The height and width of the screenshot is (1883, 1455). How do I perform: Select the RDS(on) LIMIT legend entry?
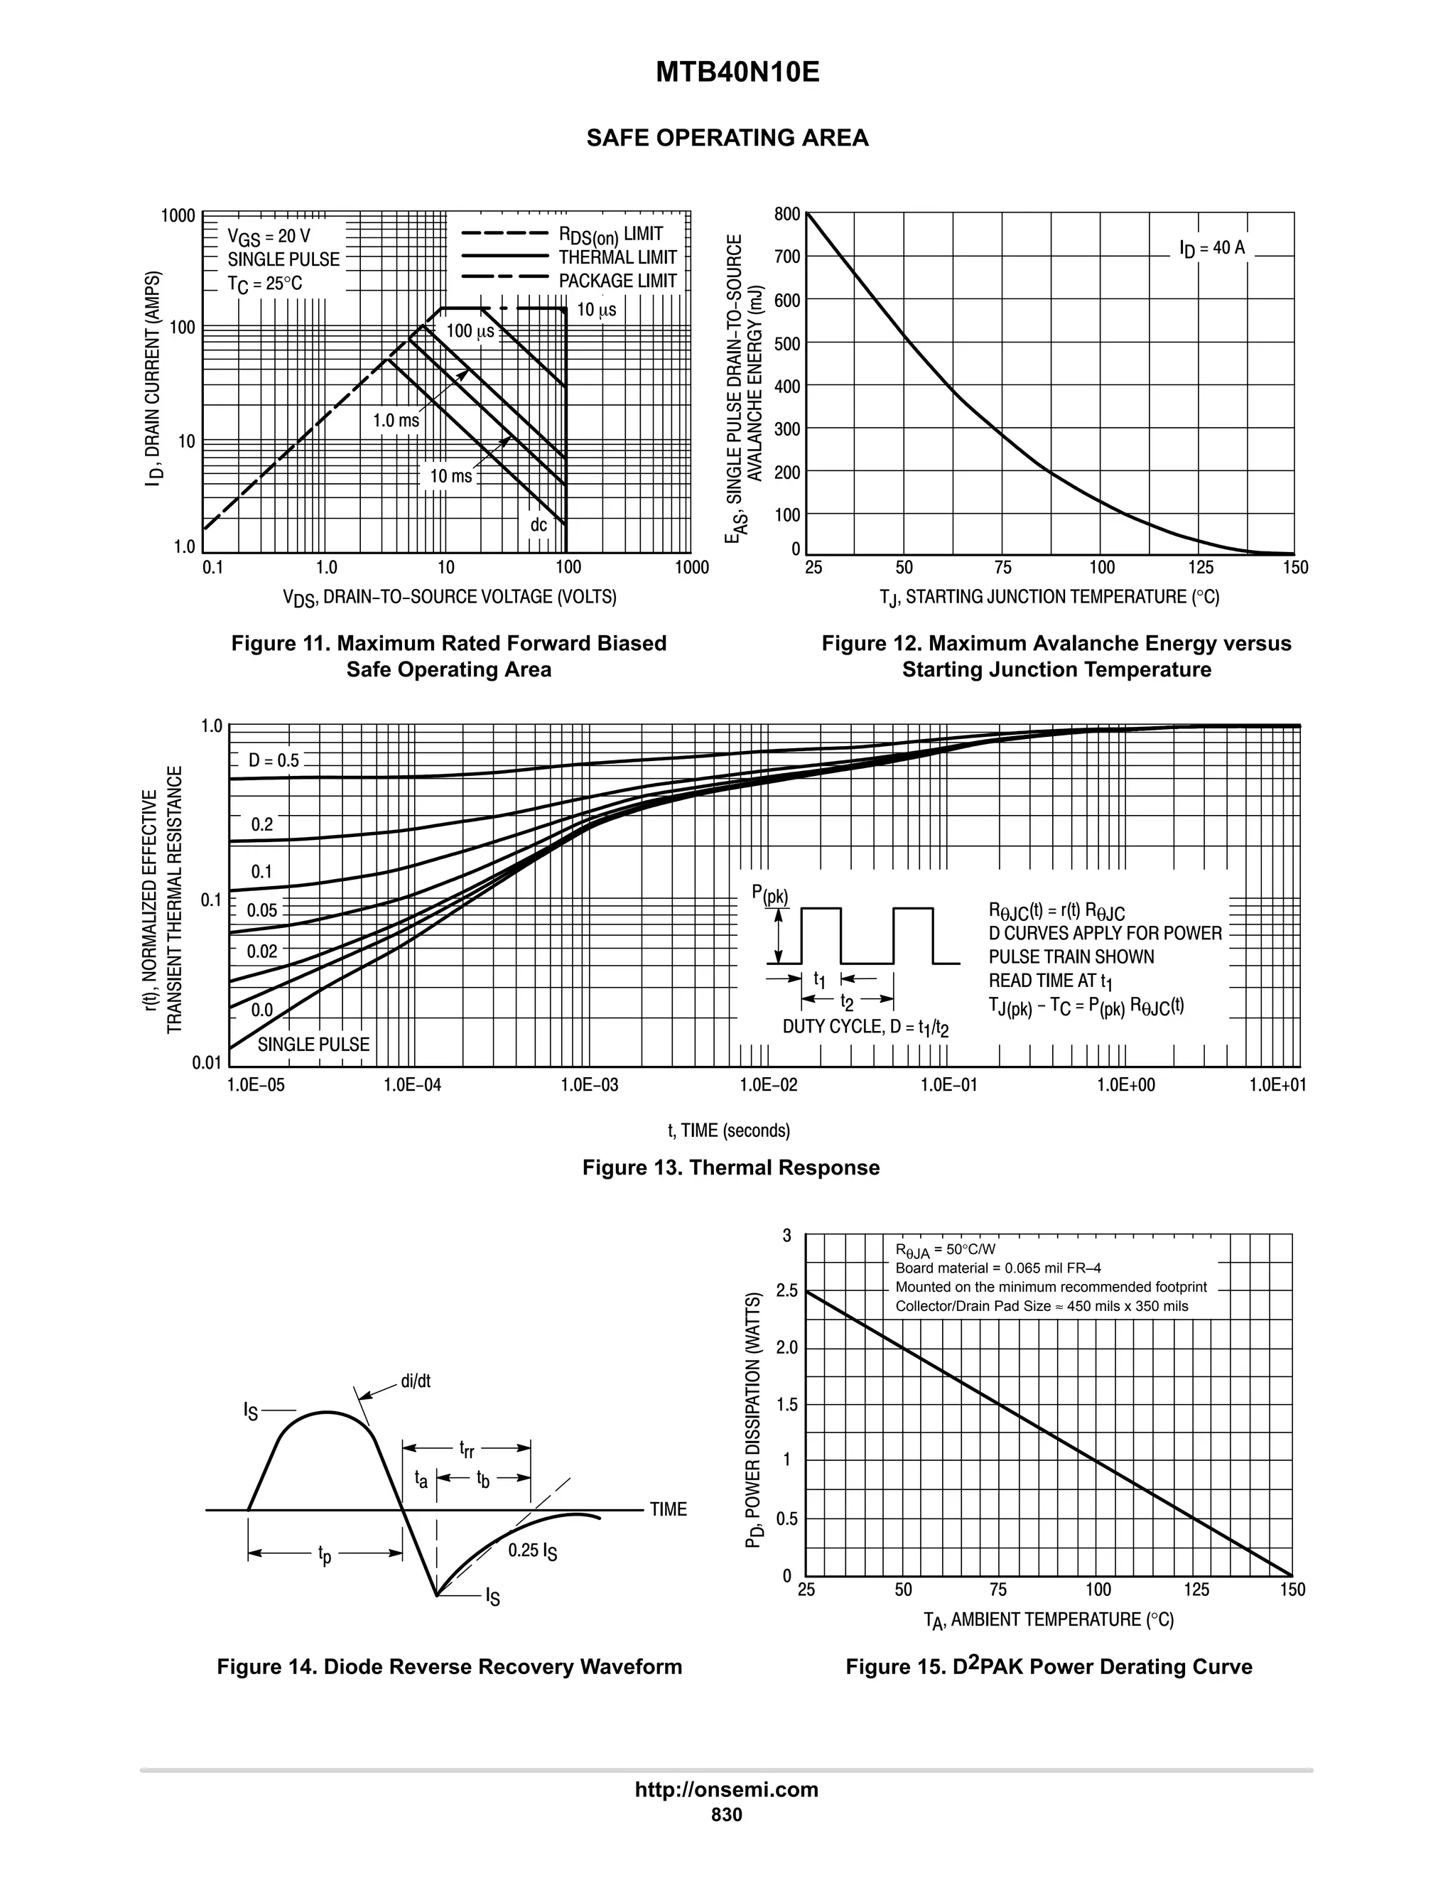tap(610, 234)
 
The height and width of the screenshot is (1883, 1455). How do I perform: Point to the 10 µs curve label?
tap(597, 310)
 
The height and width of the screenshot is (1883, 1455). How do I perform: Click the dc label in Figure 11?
tap(539, 524)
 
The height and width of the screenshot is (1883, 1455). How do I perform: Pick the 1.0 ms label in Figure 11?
tap(396, 421)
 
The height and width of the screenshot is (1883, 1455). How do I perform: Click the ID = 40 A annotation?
tap(1212, 248)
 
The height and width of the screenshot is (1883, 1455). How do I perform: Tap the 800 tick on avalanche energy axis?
tap(786, 214)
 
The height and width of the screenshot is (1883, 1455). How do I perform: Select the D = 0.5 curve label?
tap(274, 760)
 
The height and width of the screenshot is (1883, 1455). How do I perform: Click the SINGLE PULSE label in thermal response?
tap(314, 1044)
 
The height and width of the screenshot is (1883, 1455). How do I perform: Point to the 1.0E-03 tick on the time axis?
tap(590, 1084)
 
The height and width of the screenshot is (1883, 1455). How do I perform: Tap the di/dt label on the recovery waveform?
tap(416, 1381)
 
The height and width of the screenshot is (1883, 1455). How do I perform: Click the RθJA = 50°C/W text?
tap(945, 1249)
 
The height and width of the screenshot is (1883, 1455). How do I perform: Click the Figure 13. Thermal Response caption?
tap(731, 1167)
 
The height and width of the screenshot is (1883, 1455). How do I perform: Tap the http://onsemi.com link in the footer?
tap(726, 1789)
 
